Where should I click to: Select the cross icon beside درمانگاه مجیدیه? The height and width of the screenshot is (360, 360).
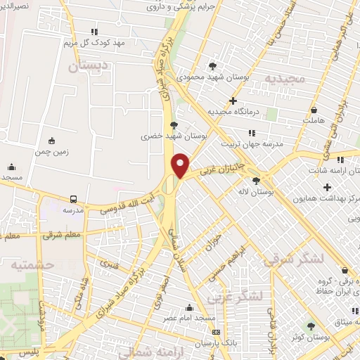click(233, 101)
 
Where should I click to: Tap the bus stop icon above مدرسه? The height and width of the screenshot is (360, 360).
click(73, 199)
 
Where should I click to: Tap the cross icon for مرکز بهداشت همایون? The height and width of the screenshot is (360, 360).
click(327, 187)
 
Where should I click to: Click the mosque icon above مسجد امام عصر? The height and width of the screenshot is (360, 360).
click(188, 307)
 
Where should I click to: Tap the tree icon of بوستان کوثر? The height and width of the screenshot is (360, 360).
click(311, 325)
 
